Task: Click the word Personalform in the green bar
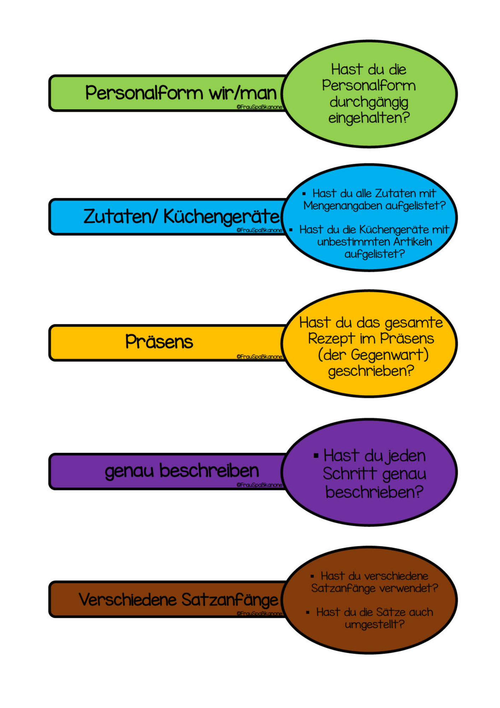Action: click(144, 93)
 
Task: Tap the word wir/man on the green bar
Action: click(243, 93)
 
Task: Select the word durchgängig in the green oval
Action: click(369, 103)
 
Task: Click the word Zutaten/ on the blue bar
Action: click(120, 216)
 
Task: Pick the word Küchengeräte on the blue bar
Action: click(221, 217)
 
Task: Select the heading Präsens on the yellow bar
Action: click(159, 342)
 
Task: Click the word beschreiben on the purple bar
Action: click(209, 470)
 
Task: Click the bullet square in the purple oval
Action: click(316, 456)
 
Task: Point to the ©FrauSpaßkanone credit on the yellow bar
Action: click(260, 357)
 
